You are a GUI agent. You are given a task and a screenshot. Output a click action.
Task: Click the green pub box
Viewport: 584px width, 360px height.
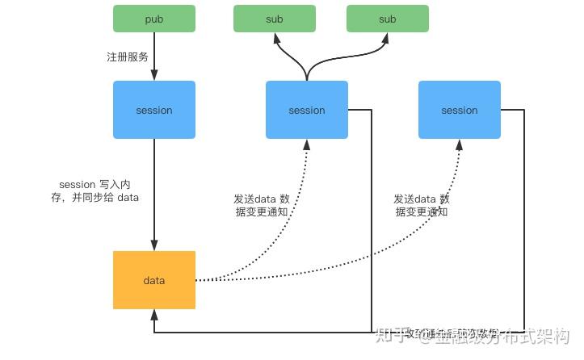[x=153, y=19]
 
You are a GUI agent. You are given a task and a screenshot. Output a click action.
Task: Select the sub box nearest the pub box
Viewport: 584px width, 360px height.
[x=275, y=19]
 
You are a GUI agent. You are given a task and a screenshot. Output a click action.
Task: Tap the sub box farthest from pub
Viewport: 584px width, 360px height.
[x=388, y=19]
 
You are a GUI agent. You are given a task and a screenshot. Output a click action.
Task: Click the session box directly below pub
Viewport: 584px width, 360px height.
[x=153, y=110]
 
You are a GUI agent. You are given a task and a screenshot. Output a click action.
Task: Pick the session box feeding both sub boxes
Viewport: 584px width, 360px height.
[x=307, y=110]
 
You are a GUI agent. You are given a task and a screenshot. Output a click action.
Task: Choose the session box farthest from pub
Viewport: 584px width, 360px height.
[x=459, y=110]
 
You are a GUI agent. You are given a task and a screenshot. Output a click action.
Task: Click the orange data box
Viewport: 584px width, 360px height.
[x=153, y=280]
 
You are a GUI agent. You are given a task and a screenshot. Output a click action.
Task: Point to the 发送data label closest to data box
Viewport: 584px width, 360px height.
[x=263, y=205]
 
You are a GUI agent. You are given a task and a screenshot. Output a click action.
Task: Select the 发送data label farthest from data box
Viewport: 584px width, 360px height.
[x=422, y=205]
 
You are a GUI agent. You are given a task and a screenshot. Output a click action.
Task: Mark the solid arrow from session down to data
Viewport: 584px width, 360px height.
[x=153, y=194]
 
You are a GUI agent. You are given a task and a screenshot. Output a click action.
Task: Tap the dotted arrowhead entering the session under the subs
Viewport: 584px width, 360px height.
[x=307, y=143]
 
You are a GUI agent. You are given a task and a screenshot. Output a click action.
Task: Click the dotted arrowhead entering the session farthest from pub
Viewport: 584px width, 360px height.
[x=459, y=143]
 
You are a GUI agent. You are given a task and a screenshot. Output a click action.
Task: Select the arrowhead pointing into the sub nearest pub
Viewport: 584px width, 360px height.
[x=275, y=37]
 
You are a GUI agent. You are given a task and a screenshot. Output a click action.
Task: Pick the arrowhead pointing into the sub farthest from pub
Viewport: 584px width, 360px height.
[x=387, y=37]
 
